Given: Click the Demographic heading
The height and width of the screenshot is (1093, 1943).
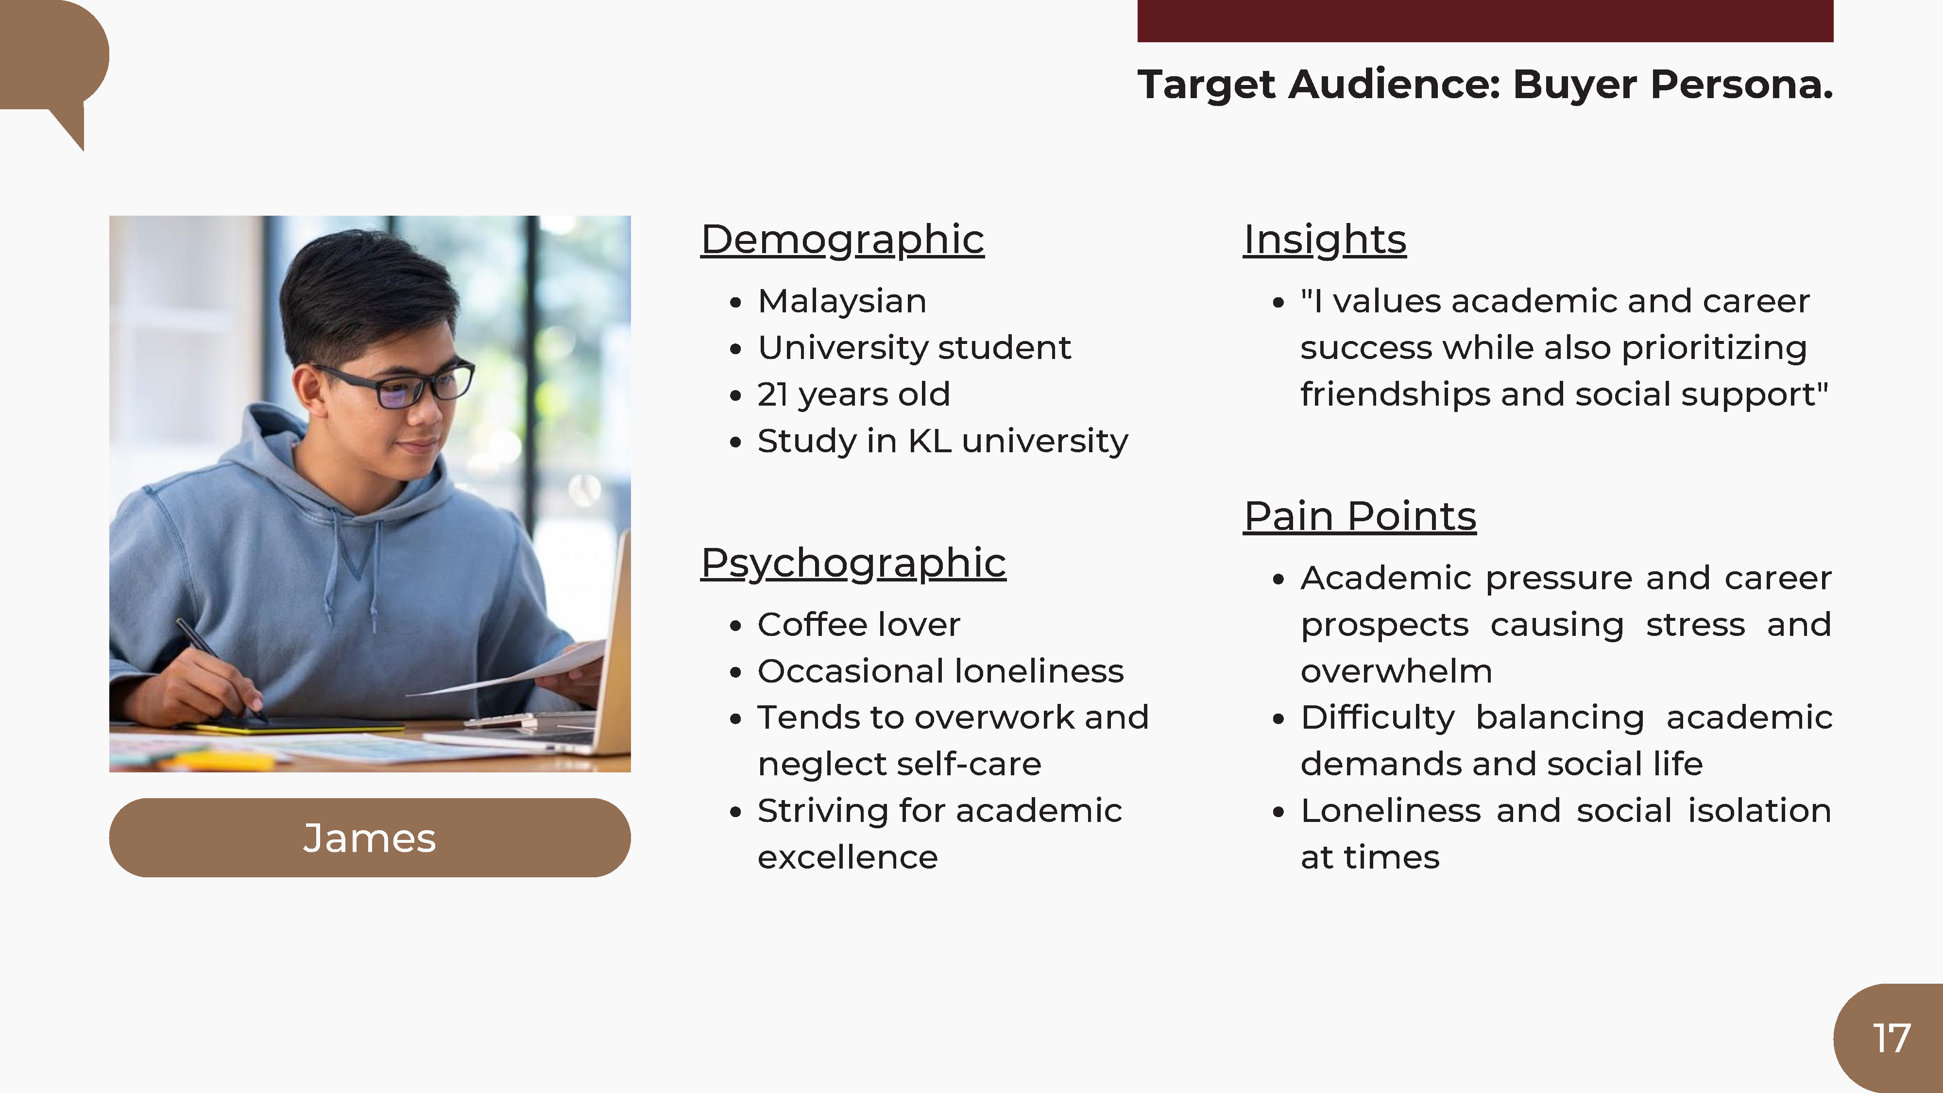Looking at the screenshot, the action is [x=842, y=240].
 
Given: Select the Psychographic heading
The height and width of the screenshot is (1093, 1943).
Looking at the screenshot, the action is [x=853, y=564].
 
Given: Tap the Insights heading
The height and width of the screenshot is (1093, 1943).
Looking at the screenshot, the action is [x=1325, y=240].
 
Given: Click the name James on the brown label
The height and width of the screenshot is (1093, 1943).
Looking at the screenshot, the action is [x=370, y=838].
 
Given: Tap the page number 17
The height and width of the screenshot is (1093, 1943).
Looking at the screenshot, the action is [x=1891, y=1039].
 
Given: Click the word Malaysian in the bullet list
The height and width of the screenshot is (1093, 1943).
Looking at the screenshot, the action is [x=842, y=302].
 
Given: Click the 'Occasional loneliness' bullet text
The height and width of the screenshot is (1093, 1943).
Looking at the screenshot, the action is [x=940, y=671].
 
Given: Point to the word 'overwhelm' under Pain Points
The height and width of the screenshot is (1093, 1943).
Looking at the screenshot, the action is [x=1396, y=671].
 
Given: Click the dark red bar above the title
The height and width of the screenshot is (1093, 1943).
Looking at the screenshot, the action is [x=1485, y=20].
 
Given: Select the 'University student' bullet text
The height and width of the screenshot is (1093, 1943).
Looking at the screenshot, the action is [x=914, y=348].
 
